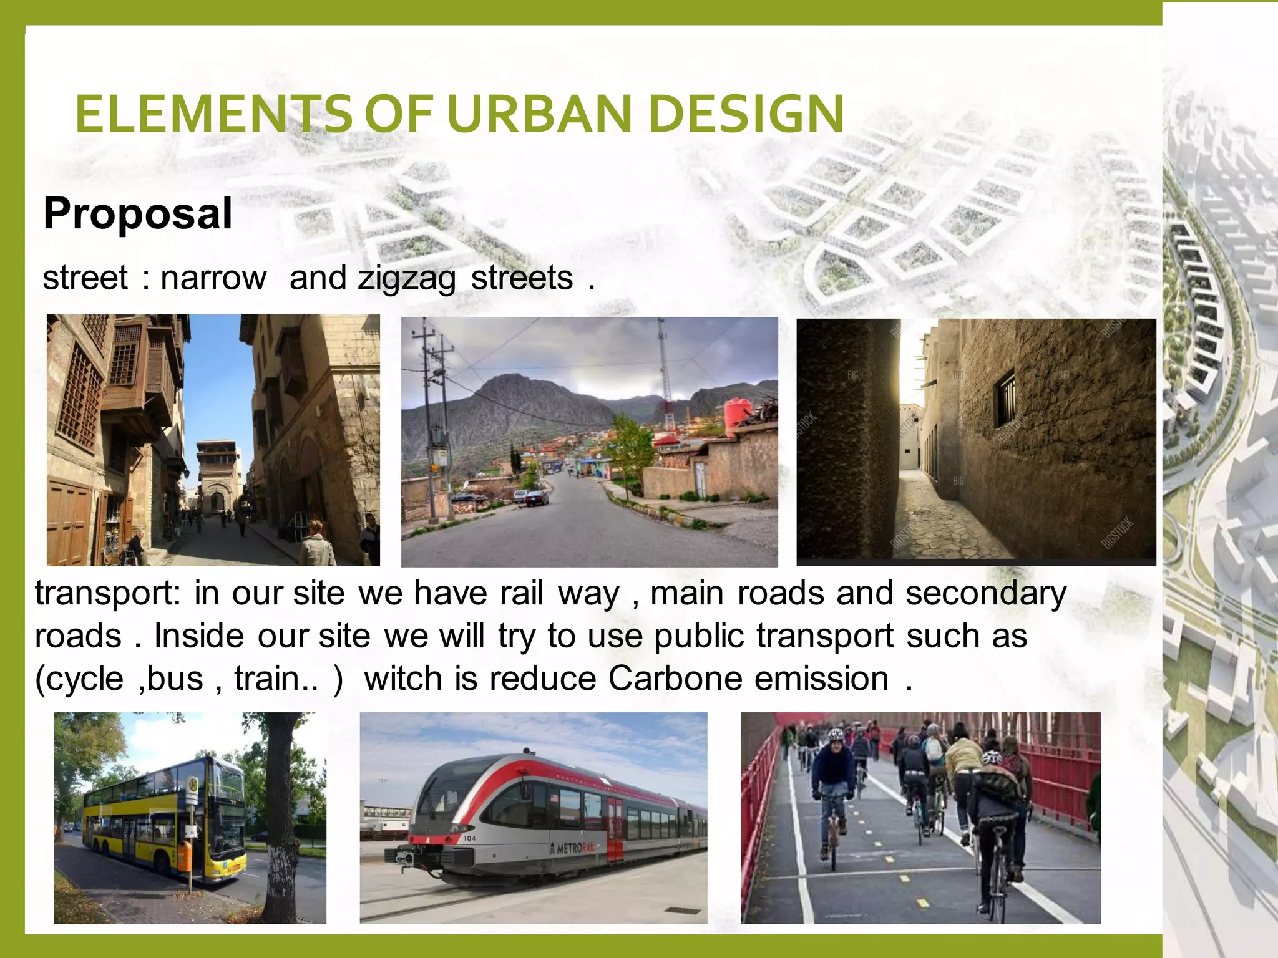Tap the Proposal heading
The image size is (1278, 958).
138,213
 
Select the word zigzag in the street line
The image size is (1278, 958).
406,279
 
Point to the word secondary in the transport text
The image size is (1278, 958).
985,593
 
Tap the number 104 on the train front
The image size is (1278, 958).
469,838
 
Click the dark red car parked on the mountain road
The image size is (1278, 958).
537,498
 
